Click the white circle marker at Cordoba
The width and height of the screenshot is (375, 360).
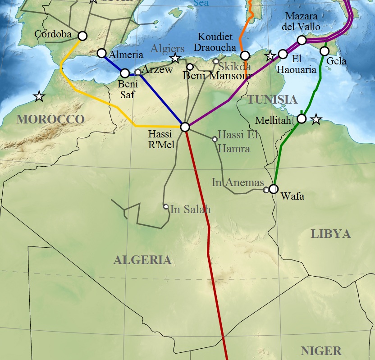pyautogui.click(x=82, y=36)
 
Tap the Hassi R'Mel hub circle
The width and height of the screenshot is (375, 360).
pyautogui.click(x=185, y=127)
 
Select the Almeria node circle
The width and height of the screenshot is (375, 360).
pyautogui.click(x=102, y=53)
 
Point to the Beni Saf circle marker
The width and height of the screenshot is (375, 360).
pyautogui.click(x=125, y=73)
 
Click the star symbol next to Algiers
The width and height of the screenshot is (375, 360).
pyautogui.click(x=175, y=58)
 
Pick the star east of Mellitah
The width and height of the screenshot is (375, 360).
pyautogui.click(x=316, y=119)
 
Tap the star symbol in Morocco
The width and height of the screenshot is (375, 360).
pyautogui.click(x=39, y=96)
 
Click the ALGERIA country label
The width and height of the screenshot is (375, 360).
pyautogui.click(x=142, y=260)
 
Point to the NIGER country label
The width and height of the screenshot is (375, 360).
pyautogui.click(x=321, y=351)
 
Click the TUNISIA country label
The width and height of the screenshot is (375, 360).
pyautogui.click(x=272, y=100)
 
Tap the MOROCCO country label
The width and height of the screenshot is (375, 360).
pyautogui.click(x=50, y=119)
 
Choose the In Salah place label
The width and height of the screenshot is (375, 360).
pyautogui.click(x=191, y=210)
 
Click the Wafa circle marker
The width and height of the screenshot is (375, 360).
pyautogui.click(x=274, y=189)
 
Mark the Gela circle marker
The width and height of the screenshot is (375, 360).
pyautogui.click(x=324, y=51)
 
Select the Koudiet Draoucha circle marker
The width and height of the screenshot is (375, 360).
pyautogui.click(x=245, y=55)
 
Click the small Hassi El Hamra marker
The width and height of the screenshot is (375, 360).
pyautogui.click(x=215, y=139)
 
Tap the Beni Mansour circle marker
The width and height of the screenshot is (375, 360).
pyautogui.click(x=190, y=67)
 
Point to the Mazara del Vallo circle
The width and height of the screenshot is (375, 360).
pyautogui.click(x=302, y=41)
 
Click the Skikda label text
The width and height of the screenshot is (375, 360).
pyautogui.click(x=235, y=67)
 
